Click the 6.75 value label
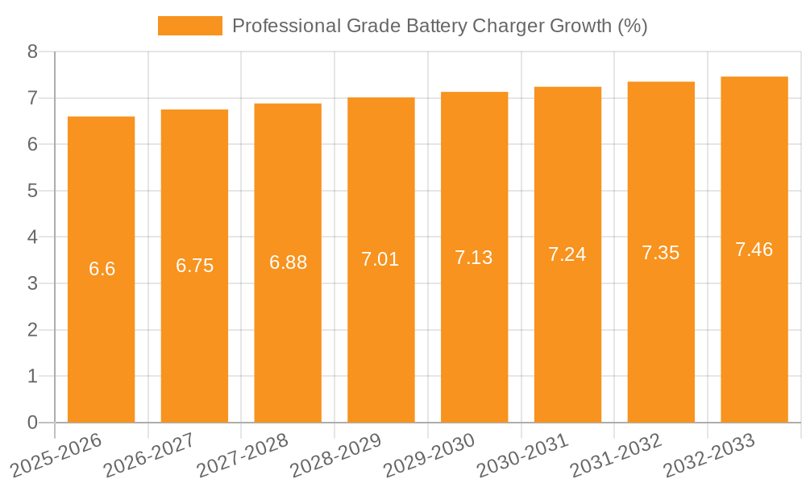(x=195, y=266)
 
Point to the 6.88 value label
(x=288, y=262)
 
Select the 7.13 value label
(x=474, y=258)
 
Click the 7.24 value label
(x=567, y=254)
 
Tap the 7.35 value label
(x=661, y=253)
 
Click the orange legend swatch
(x=190, y=26)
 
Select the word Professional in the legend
(x=285, y=26)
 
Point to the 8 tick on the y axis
(x=32, y=52)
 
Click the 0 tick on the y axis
(x=32, y=423)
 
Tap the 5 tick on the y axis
(x=32, y=191)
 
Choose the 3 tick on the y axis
(x=32, y=283)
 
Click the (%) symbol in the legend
(x=633, y=26)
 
